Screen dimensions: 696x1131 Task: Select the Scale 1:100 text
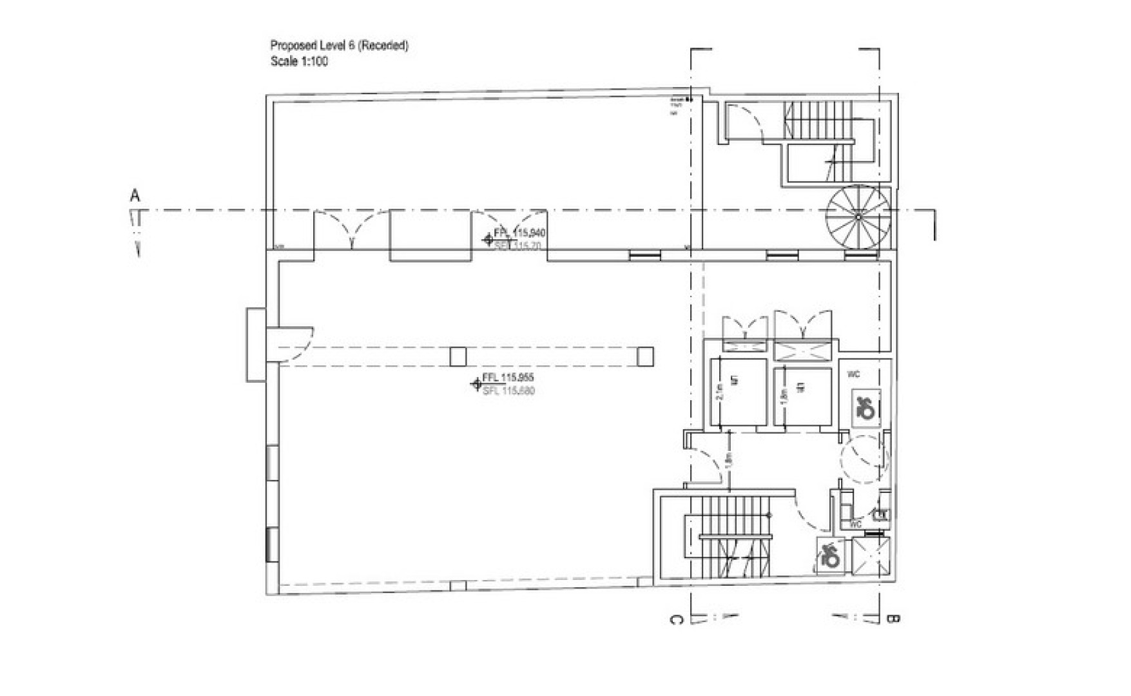coord(299,62)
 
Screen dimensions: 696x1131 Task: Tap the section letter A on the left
coord(135,195)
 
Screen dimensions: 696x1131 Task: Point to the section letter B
coord(893,619)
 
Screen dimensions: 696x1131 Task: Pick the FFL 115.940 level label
coord(519,233)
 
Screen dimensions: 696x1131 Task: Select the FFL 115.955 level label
coord(508,378)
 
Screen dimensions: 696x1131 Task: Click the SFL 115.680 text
coord(508,391)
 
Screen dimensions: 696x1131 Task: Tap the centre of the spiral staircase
coord(858,217)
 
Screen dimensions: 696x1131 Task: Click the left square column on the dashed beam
coord(458,356)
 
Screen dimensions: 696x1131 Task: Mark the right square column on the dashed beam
coord(645,356)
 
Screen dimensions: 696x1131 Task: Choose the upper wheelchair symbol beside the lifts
coord(864,407)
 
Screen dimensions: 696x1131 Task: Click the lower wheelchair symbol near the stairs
coord(830,555)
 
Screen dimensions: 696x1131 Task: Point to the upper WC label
coord(853,374)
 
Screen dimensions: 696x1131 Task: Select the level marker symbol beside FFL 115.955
coord(476,385)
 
